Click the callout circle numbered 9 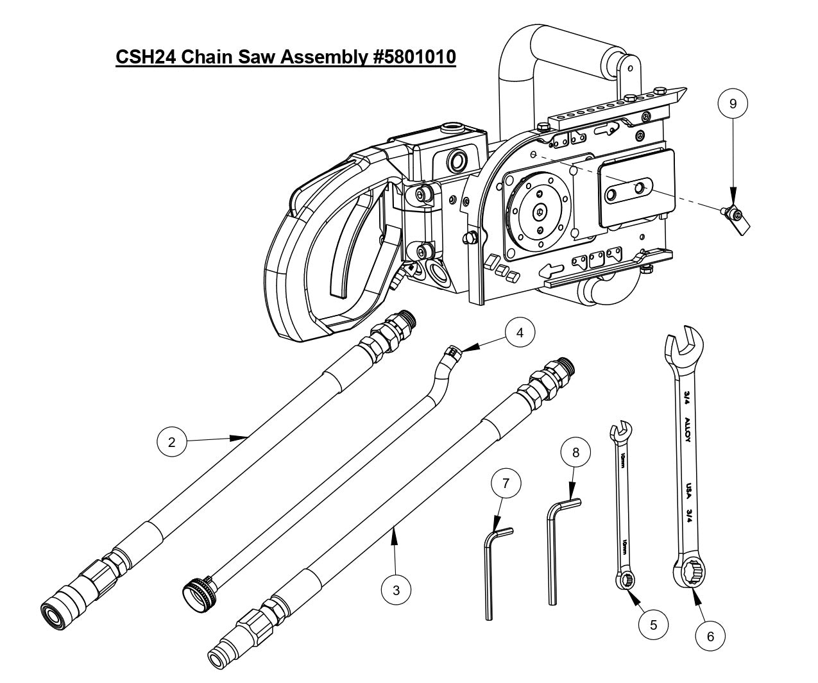pyautogui.click(x=733, y=103)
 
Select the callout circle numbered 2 pyautogui.click(x=171, y=442)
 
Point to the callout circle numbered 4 pyautogui.click(x=520, y=332)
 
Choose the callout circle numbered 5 pyautogui.click(x=653, y=624)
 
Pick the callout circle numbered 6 pyautogui.click(x=710, y=636)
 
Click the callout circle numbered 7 pyautogui.click(x=506, y=484)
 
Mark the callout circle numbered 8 pyautogui.click(x=575, y=452)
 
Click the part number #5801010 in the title pyautogui.click(x=408, y=57)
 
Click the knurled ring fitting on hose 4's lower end pyautogui.click(x=196, y=591)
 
